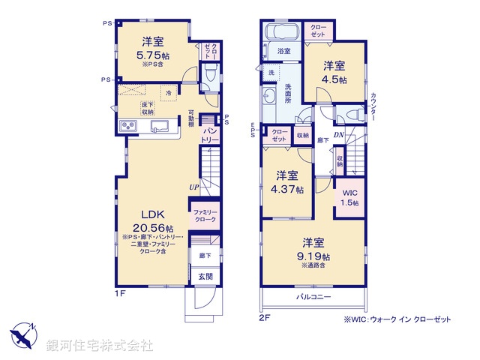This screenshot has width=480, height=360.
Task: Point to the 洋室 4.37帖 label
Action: (289, 182)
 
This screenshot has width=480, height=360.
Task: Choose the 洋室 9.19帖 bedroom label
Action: (314, 248)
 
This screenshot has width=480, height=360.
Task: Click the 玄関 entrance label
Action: (205, 276)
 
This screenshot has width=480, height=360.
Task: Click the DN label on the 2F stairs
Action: (338, 135)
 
